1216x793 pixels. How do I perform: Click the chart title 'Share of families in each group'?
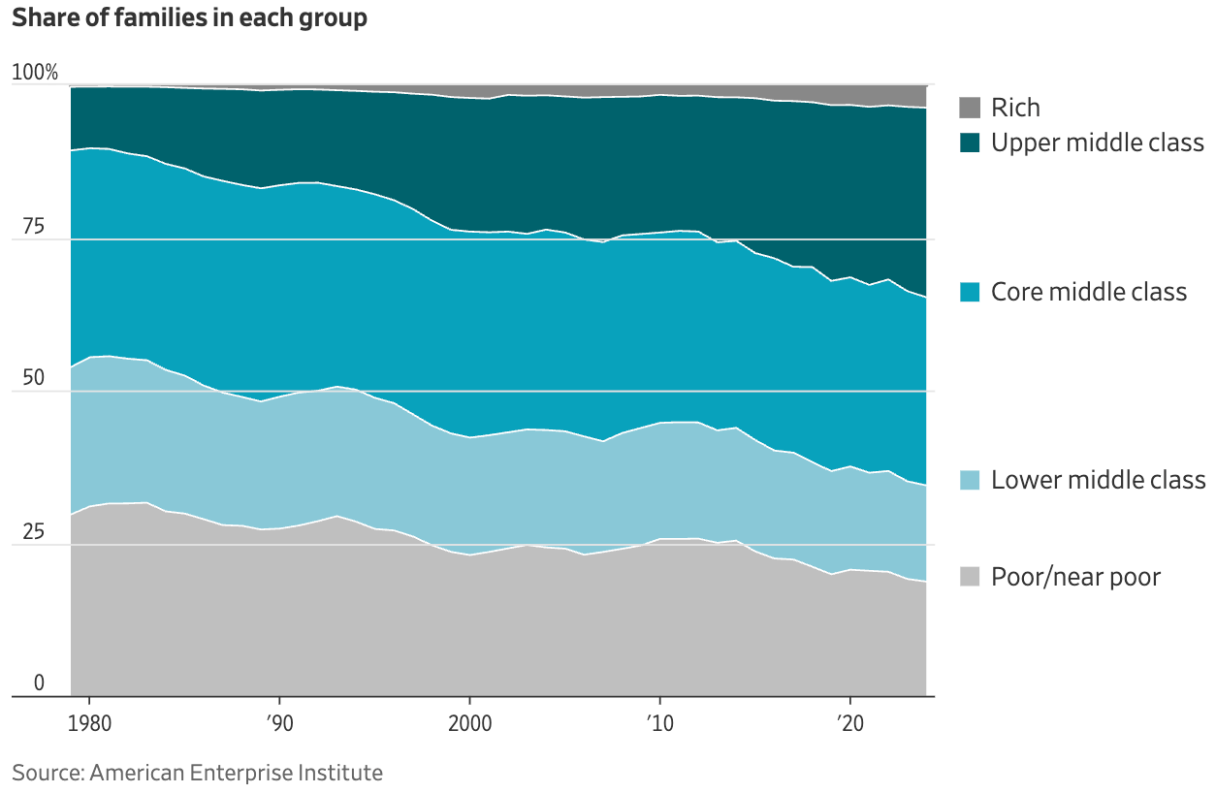pyautogui.click(x=189, y=18)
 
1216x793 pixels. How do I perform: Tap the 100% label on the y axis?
pyautogui.click(x=36, y=73)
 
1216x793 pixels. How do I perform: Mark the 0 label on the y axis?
pyautogui.click(x=40, y=682)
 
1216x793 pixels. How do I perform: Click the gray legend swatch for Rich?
pyautogui.click(x=970, y=108)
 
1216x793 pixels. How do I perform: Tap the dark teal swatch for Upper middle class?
pyautogui.click(x=970, y=143)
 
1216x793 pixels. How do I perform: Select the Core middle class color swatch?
pyautogui.click(x=970, y=292)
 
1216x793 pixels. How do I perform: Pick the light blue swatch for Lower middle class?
pyautogui.click(x=970, y=479)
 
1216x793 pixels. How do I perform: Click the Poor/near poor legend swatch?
pyautogui.click(x=970, y=577)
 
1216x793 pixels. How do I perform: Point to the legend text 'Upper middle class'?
pyautogui.click(x=1097, y=143)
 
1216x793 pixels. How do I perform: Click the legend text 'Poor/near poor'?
pyautogui.click(x=1075, y=577)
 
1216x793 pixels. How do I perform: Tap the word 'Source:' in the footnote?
pyautogui.click(x=47, y=773)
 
